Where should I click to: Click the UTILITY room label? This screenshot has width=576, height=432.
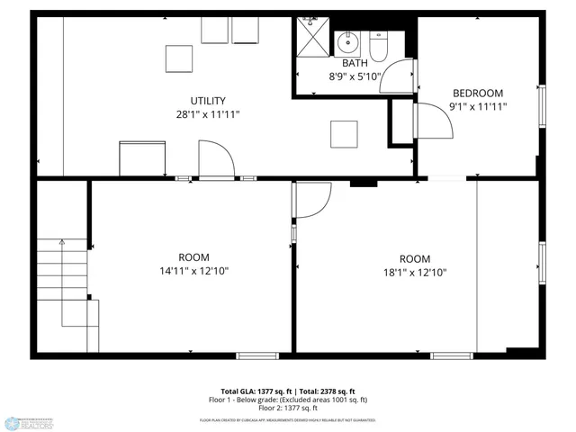[x=208, y=101]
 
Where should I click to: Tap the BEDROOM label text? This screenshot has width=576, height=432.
[x=478, y=93]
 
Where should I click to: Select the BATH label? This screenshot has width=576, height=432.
[x=355, y=63]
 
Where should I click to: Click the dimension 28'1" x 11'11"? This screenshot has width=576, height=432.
[x=208, y=114]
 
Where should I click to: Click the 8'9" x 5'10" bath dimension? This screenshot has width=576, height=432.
[x=355, y=77]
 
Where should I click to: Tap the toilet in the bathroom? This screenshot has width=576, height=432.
[x=378, y=46]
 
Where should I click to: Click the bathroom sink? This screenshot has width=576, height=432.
[x=346, y=42]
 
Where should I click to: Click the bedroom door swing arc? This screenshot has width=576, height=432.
[x=433, y=121]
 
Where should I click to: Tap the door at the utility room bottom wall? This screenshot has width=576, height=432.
[x=217, y=164]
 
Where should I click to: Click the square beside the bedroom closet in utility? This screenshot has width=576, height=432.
[x=343, y=134]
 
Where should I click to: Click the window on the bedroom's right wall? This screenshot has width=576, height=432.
[x=542, y=105]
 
